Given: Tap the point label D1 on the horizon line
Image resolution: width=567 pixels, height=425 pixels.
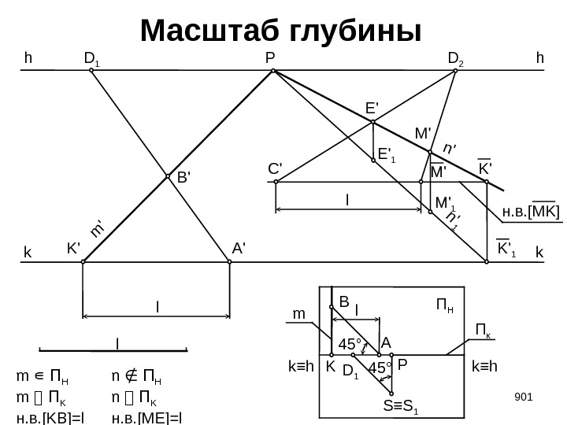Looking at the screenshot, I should pos(91,57).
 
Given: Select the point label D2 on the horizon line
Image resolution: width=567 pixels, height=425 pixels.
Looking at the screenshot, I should pos(456,57).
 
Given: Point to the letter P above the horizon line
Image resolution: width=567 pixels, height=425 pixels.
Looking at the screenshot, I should pos(269,57).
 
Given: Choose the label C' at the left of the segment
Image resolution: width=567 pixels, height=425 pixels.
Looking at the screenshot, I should pos(275,168).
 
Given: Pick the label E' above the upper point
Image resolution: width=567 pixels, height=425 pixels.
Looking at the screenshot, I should pos(372,108).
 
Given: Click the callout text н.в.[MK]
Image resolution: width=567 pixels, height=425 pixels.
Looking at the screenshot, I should pos(531,211).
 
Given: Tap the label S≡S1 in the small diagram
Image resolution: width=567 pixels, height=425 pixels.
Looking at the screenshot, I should pos(402,407).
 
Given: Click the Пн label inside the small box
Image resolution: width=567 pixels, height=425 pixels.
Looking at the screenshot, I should pos(444,304).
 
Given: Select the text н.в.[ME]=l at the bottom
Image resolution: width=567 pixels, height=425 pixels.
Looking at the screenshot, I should pos(147,416).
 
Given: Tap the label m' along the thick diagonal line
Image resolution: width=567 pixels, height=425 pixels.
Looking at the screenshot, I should pos(98,229).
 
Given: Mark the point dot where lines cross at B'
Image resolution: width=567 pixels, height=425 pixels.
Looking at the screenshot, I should pos(167,177).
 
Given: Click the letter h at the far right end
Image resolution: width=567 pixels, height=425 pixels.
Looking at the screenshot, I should pos(539,57).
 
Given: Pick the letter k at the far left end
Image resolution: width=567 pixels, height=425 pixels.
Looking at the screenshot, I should pos(27,254).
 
